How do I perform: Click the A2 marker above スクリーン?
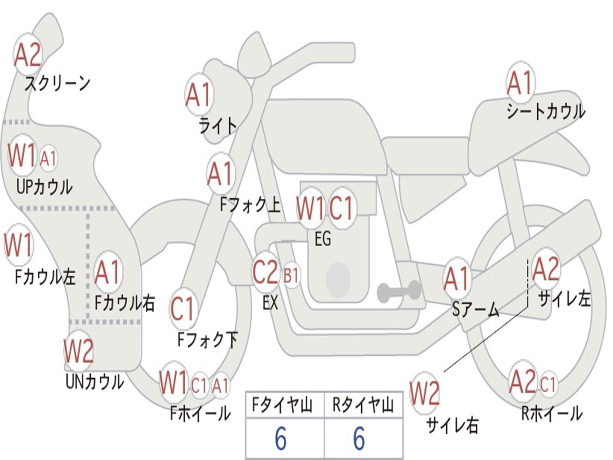click(x=28, y=55)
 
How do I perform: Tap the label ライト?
click(x=218, y=126)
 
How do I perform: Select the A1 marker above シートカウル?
click(x=520, y=84)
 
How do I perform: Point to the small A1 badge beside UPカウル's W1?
click(x=48, y=159)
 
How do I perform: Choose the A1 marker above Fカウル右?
click(x=108, y=273)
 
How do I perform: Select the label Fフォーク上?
click(x=250, y=205)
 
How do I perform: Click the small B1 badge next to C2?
click(x=291, y=275)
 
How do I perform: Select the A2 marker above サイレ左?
click(x=546, y=270)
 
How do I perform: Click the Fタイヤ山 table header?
click(x=284, y=406)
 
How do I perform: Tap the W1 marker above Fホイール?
click(x=174, y=383)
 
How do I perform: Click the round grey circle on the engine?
click(x=338, y=277)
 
